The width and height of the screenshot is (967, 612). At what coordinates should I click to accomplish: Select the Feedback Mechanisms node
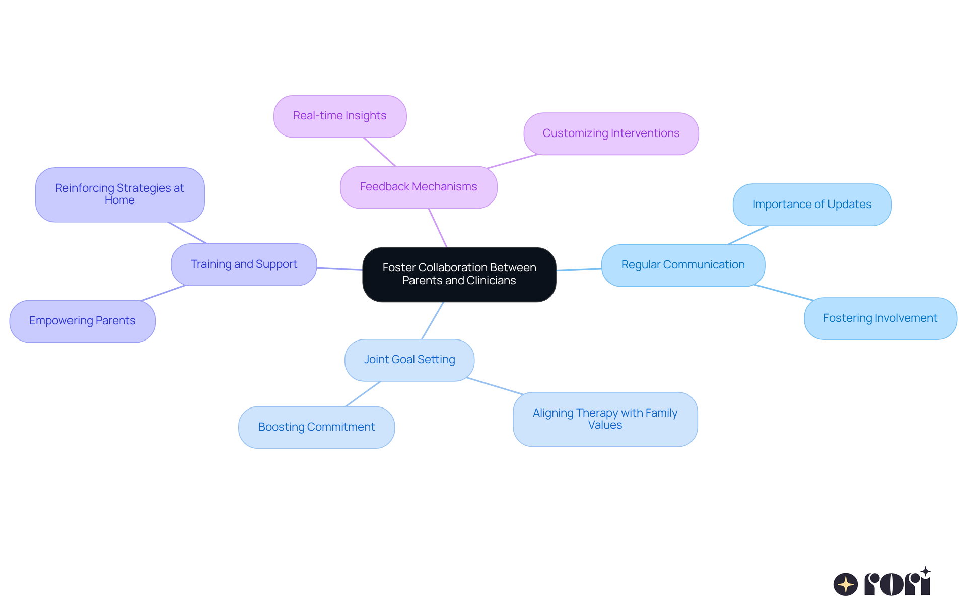coord(419,187)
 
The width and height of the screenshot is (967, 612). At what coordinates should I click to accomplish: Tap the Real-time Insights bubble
coord(340,116)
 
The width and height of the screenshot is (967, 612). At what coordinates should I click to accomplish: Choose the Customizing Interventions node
coord(611,133)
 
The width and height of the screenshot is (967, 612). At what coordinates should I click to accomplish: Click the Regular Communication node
coord(683,265)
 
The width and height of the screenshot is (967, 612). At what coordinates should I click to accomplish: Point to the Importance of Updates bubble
coord(812,205)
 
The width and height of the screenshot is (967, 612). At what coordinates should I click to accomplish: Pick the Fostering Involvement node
coord(880,318)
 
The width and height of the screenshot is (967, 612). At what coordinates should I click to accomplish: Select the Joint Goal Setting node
coord(409,360)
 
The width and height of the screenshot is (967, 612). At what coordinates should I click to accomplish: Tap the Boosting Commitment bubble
coord(316,427)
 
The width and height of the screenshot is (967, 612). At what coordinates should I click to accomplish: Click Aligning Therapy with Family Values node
coord(605,419)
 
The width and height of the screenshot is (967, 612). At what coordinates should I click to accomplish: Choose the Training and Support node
coord(244,264)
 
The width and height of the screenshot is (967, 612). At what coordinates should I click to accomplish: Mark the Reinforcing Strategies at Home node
coord(120,194)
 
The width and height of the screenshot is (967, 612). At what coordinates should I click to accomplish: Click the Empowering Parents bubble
coord(82,321)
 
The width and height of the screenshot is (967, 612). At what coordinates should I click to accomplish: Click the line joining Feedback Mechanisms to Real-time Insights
coord(379,152)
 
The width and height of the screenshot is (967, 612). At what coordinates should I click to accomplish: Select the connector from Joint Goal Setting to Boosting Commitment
coord(363,394)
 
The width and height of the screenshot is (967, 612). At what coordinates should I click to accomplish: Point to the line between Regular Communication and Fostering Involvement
coord(784,293)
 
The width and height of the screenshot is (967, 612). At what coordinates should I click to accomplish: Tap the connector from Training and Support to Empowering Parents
coord(164,293)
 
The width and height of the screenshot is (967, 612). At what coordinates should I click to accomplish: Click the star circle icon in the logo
coord(845,584)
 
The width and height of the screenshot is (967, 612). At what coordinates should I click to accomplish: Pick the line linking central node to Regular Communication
coord(579,269)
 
